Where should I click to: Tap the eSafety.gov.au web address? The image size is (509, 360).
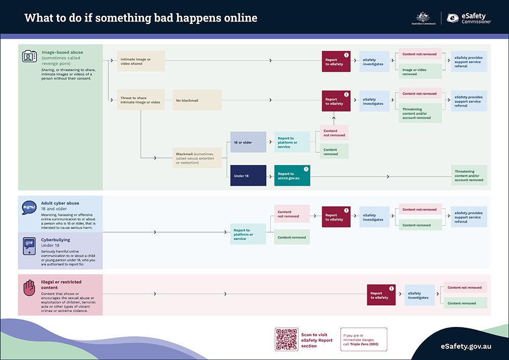[x=466, y=346]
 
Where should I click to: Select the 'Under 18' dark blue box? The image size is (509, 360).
[x=248, y=175]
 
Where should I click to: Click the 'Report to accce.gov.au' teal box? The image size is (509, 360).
[x=292, y=175]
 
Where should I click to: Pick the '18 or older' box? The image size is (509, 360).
[x=248, y=142]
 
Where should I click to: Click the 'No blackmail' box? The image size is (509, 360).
[x=197, y=100]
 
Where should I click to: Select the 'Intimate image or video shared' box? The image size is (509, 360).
[x=141, y=61]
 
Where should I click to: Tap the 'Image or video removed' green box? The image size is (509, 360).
[x=420, y=72]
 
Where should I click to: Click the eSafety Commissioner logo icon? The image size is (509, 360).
[x=453, y=18]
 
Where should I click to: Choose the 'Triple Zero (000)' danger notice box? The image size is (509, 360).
[x=363, y=340]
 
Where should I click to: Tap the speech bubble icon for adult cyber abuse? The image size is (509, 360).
[x=29, y=208]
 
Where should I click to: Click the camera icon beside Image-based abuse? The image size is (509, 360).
[x=30, y=56]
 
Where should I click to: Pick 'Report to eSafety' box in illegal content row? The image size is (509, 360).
[x=381, y=295]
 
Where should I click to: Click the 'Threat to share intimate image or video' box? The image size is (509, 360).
[x=141, y=100]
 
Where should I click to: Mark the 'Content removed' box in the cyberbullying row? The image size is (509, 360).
[x=292, y=237]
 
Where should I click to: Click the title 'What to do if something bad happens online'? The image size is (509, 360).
[x=141, y=18]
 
